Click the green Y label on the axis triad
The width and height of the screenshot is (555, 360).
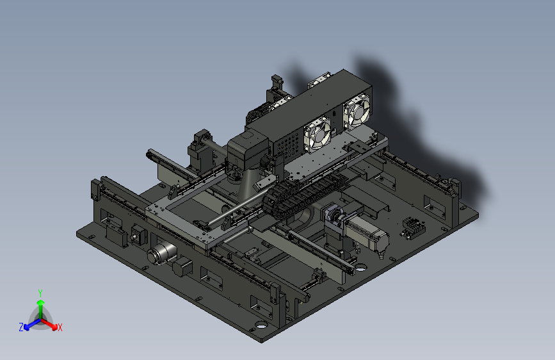click(40, 293)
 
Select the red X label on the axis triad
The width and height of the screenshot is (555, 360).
click(60, 327)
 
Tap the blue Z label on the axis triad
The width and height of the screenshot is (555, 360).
click(21, 327)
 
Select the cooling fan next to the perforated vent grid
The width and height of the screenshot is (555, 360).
click(318, 135)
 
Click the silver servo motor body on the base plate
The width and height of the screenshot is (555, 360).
click(367, 234)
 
